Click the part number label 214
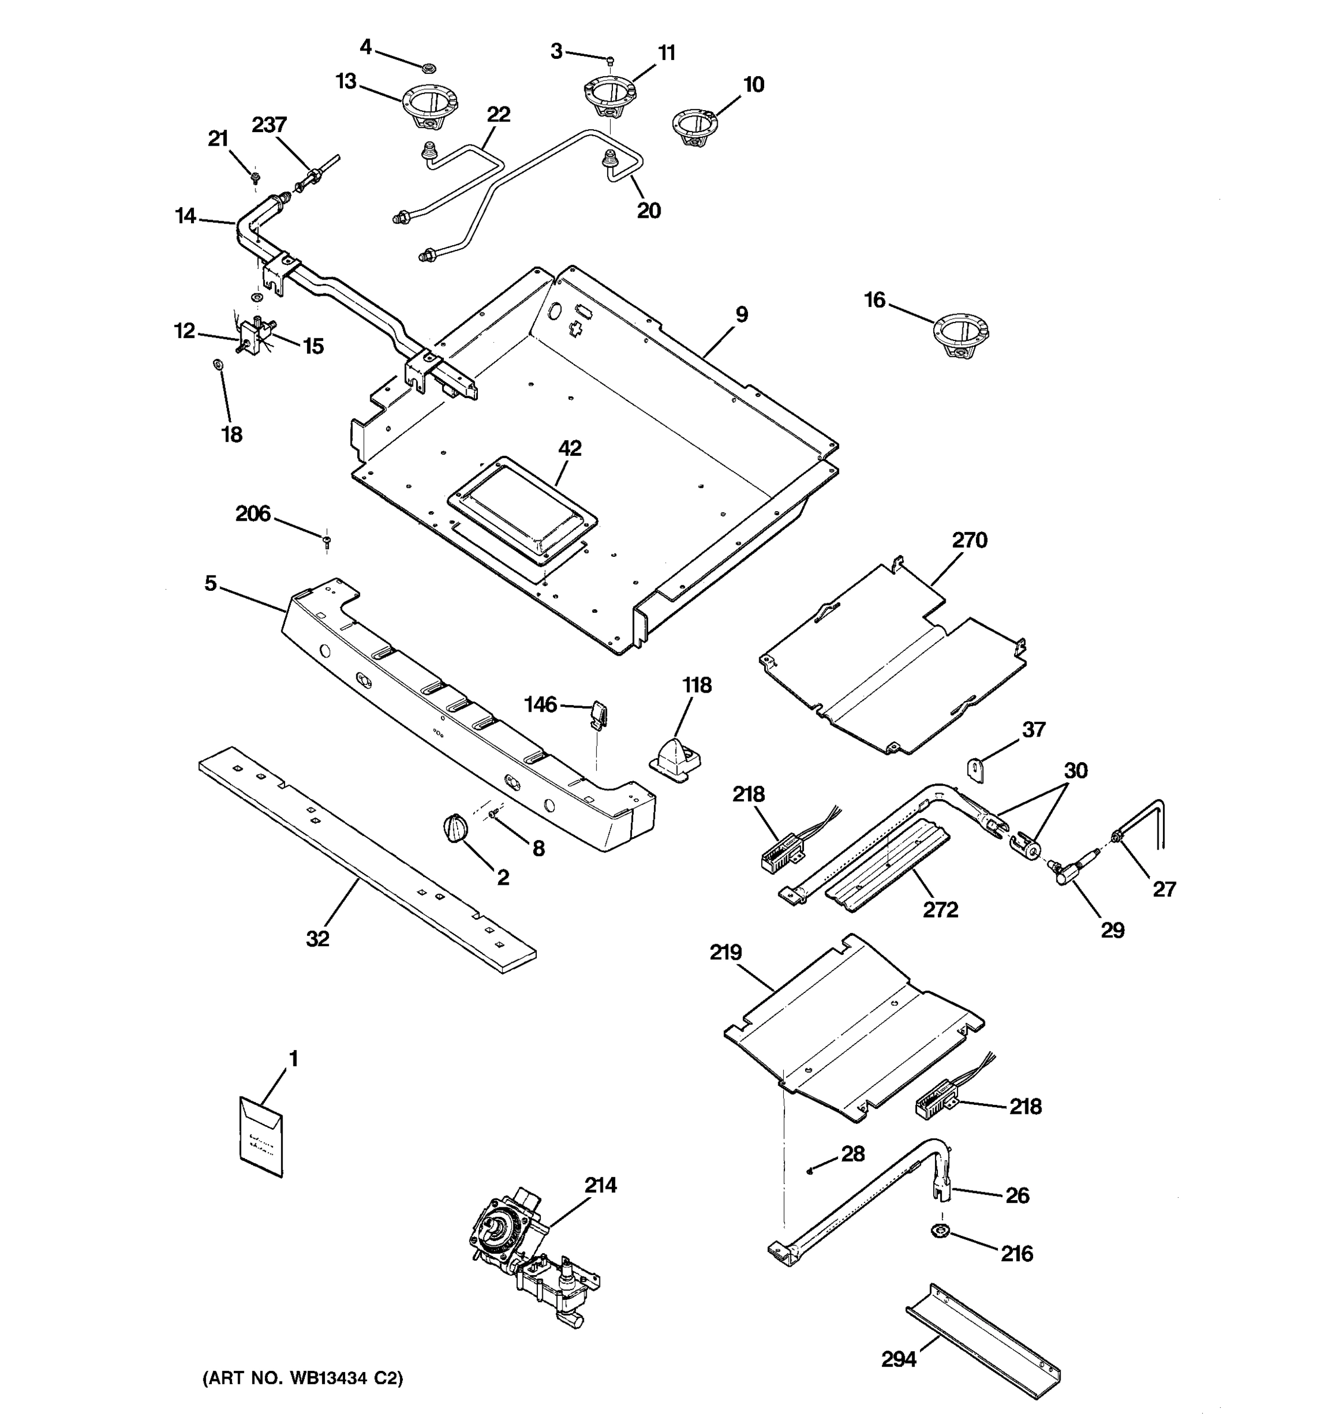pos(600,1185)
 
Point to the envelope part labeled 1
pos(260,1136)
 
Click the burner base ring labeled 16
pos(961,336)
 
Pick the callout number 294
pos(899,1359)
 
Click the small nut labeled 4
pos(426,69)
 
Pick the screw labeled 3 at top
pos(610,59)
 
